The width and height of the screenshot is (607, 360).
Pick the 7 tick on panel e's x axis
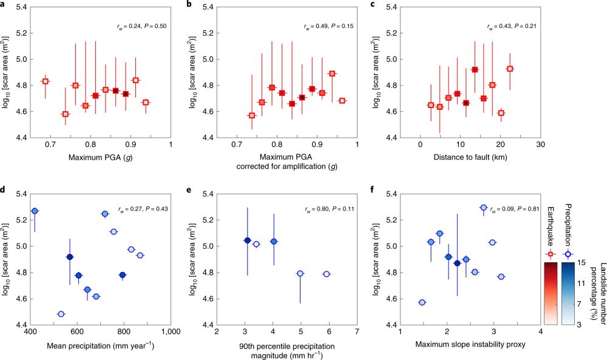click(x=356, y=333)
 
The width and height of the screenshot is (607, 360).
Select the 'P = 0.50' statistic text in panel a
click(x=155, y=26)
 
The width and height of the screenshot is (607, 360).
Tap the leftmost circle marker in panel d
click(x=35, y=211)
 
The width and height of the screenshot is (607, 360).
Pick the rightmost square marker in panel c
click(x=510, y=69)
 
